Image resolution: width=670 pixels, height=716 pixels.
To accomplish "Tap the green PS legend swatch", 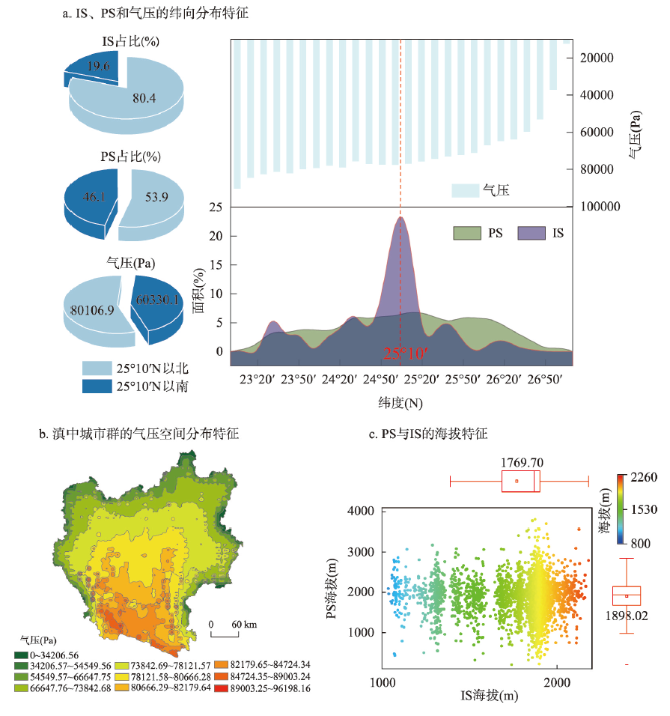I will coord(466,234).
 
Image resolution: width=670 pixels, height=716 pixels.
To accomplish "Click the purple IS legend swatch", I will coord(530,234).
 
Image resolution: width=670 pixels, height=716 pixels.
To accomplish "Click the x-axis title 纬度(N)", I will coord(401,403).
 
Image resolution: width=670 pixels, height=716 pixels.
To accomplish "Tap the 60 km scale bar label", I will coord(243,624).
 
